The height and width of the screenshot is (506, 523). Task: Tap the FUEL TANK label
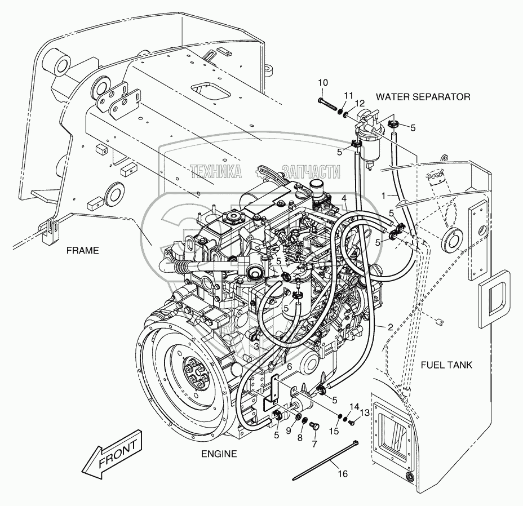pyautogui.click(x=447, y=365)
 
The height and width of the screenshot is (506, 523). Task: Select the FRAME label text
pyautogui.click(x=82, y=251)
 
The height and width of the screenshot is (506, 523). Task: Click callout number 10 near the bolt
pyautogui.click(x=322, y=83)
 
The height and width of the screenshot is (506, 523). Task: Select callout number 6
pyautogui.click(x=290, y=366)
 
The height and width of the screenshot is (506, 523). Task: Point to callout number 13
pyautogui.click(x=364, y=413)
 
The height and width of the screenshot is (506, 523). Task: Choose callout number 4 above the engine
pyautogui.click(x=343, y=198)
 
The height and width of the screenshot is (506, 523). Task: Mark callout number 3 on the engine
pyautogui.click(x=256, y=345)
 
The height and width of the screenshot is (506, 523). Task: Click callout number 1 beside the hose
pyautogui.click(x=384, y=194)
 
